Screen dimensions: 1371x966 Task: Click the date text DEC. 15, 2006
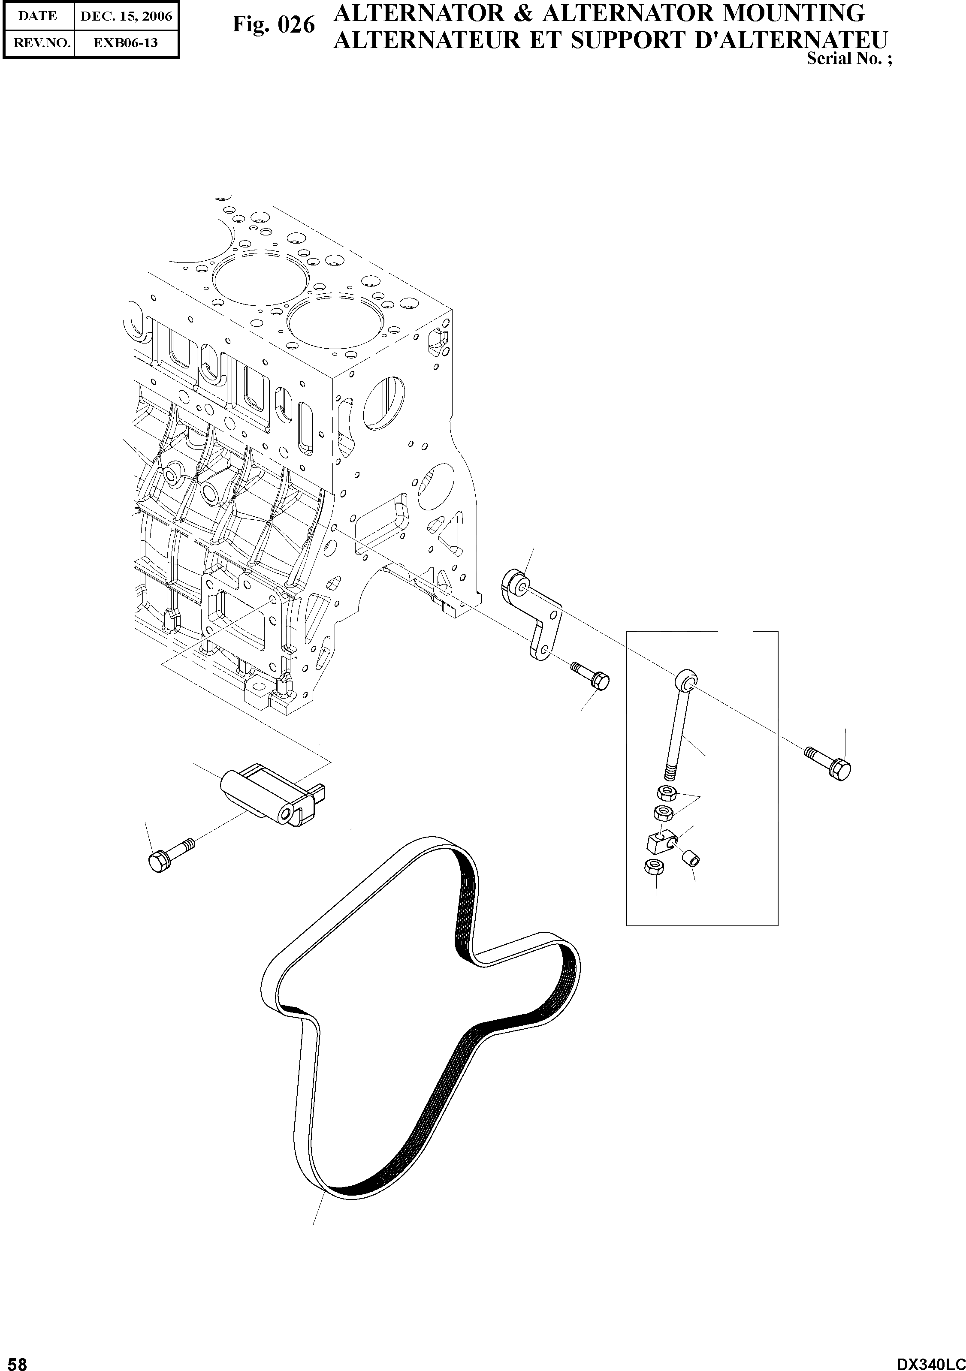(125, 16)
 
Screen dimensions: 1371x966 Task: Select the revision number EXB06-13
(125, 43)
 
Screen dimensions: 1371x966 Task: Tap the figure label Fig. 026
(273, 25)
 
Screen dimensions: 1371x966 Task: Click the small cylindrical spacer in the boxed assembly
(691, 860)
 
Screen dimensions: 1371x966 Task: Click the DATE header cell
(38, 16)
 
